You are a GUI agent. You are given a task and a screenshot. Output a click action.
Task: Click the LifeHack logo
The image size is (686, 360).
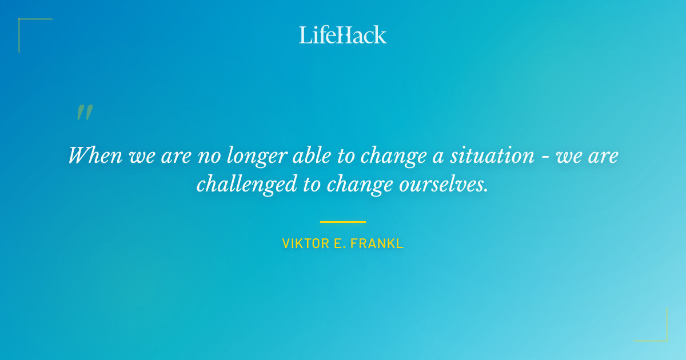point(343,35)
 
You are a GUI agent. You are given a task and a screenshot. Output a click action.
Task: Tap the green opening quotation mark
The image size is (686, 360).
point(85,113)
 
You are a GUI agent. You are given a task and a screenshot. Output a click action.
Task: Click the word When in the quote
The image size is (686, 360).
point(94,155)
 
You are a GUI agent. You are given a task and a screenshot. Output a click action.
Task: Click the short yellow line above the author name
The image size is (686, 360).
point(343,222)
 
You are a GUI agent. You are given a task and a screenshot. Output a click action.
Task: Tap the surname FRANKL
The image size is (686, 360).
point(378,243)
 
